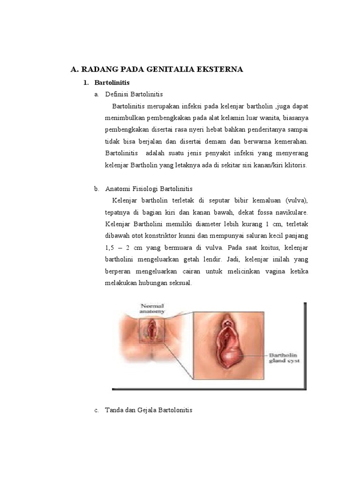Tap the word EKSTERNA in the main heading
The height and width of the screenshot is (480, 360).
pos(221,70)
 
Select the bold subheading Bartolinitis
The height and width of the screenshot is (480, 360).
pos(112,82)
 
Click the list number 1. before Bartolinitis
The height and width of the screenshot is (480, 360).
pos(85,82)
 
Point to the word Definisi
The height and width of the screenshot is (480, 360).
pos(117,94)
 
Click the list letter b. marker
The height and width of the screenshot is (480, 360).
pos(97,189)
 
